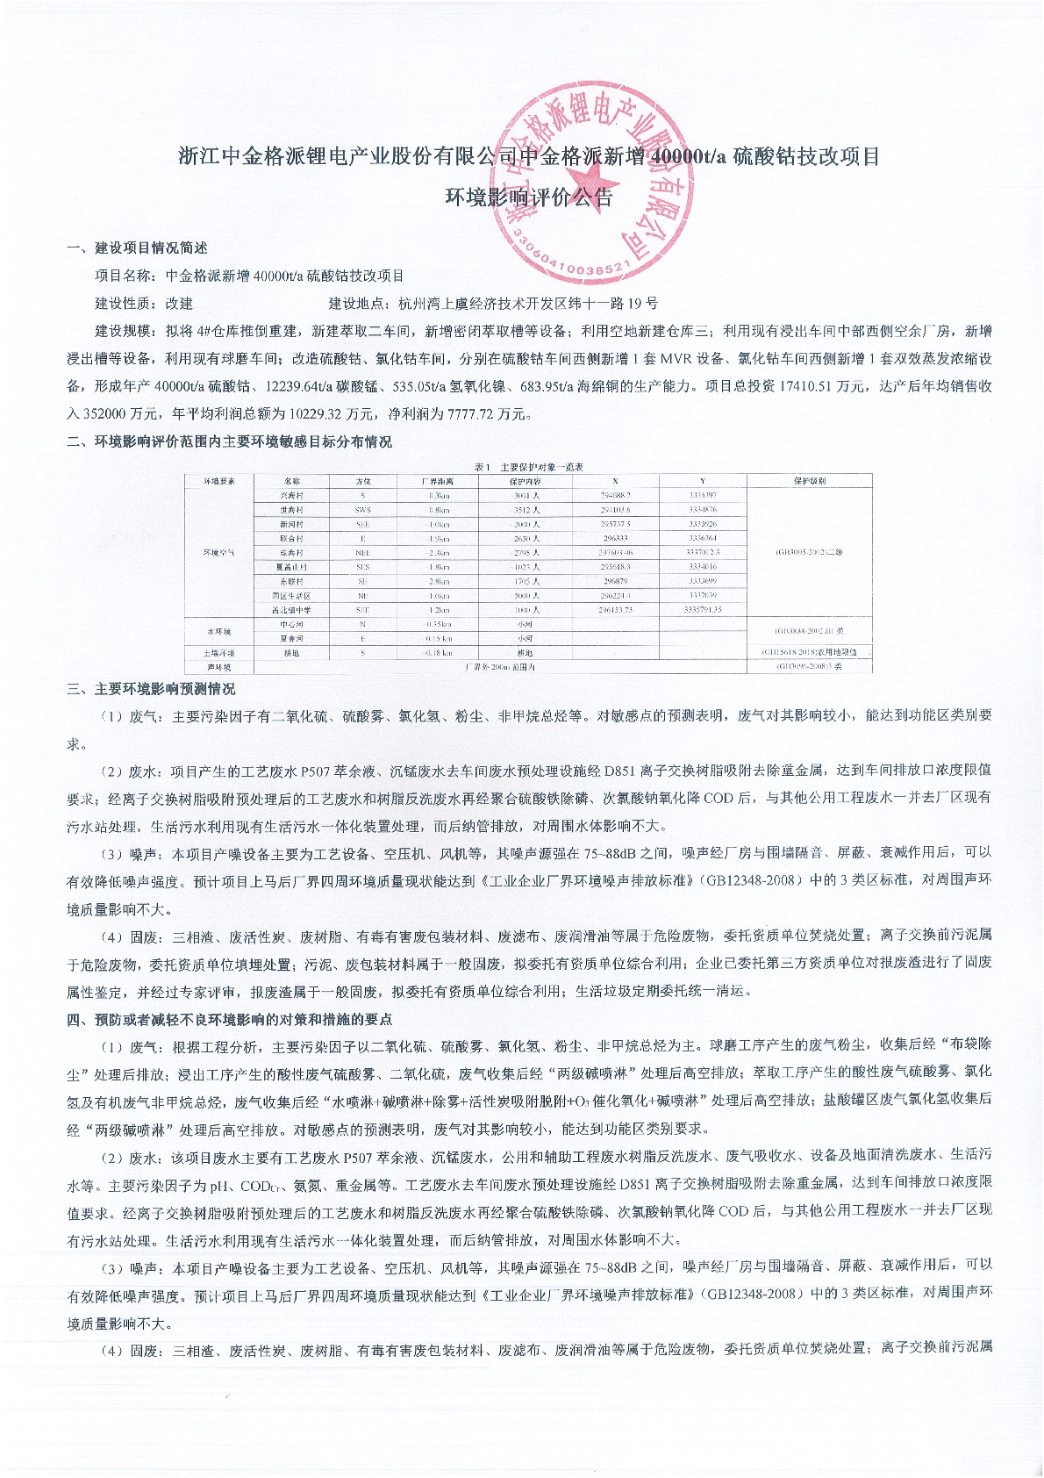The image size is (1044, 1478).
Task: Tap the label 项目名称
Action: [x=123, y=276]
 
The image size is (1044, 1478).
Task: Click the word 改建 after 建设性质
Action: [x=179, y=304]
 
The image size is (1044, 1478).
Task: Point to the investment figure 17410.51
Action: [x=816, y=386]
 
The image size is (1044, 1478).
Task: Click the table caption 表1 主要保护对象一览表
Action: [x=528, y=467]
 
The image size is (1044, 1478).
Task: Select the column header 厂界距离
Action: [x=436, y=481]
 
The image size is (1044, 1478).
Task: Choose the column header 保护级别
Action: [x=809, y=481]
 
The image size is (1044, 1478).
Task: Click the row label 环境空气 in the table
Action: [x=218, y=552]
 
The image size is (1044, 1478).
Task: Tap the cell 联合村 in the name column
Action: [x=292, y=538]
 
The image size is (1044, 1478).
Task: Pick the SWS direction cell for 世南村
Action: [x=363, y=510]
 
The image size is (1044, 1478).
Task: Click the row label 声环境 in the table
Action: [x=218, y=667]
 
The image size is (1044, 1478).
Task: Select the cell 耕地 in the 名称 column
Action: [x=292, y=653]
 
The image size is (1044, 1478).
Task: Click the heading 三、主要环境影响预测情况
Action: [x=151, y=689]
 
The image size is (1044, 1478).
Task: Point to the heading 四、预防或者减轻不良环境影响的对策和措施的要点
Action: [x=229, y=1019]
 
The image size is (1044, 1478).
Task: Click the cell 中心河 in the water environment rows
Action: [x=292, y=624]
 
